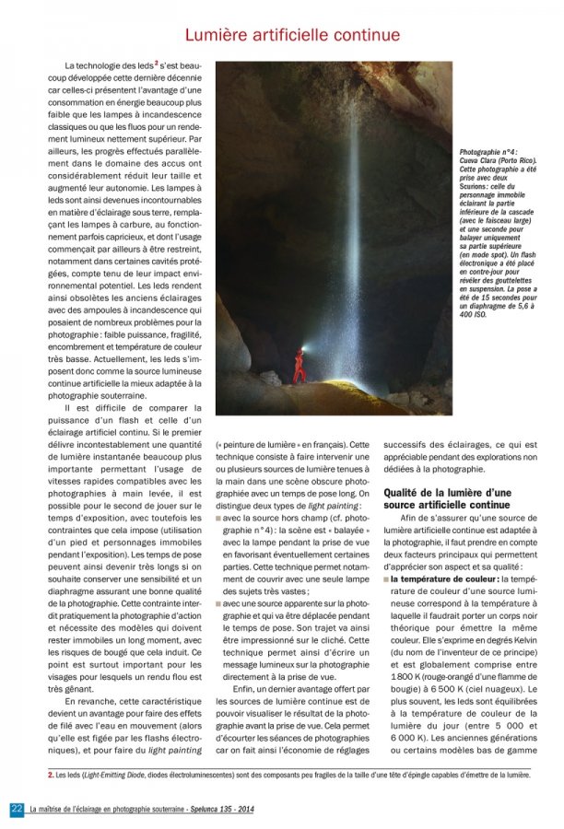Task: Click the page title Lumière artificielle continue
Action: pyautogui.click(x=292, y=35)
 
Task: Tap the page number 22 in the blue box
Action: pyautogui.click(x=17, y=809)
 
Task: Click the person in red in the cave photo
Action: pyautogui.click(x=299, y=365)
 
